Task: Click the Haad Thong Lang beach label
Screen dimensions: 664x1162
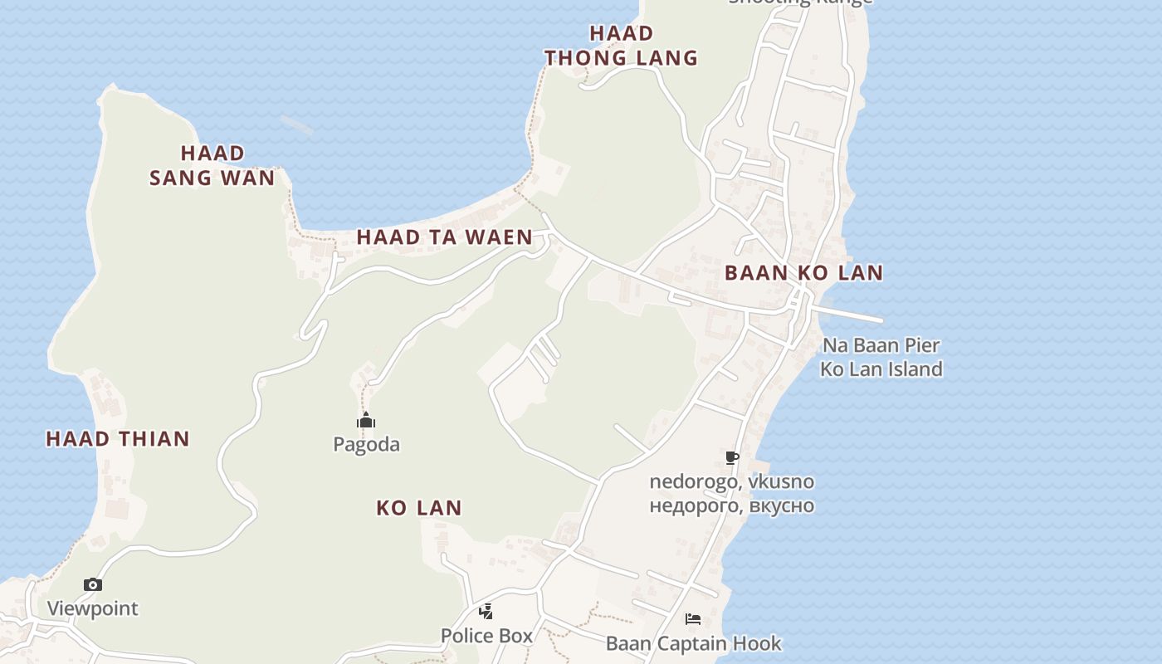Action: [x=621, y=46]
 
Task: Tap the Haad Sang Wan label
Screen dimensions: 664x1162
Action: [x=212, y=165]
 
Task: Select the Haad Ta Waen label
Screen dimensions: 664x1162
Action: [x=444, y=237]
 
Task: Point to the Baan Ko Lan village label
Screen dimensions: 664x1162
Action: [x=803, y=273]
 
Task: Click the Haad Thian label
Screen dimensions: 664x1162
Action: [x=118, y=439]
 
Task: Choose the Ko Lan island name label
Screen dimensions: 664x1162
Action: [x=419, y=508]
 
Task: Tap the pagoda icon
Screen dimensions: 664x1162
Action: [x=366, y=421]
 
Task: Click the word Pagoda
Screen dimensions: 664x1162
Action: [x=366, y=445]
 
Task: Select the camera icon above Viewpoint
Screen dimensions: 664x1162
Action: [x=93, y=585]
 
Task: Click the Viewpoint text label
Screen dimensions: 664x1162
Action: [x=93, y=608]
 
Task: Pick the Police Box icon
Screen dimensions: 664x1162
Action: [x=486, y=613]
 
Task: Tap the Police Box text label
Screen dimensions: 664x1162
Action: [x=486, y=636]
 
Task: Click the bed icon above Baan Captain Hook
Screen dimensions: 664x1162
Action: [x=693, y=619]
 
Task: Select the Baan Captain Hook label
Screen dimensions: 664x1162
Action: [x=693, y=643]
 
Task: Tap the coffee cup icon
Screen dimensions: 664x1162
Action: [x=732, y=457]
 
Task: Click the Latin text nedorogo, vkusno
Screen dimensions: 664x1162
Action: [x=732, y=482]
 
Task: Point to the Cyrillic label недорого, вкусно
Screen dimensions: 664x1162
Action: [x=732, y=506]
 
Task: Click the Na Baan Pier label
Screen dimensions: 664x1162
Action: [x=881, y=345]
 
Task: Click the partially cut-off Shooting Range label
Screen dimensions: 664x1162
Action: [x=800, y=2]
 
